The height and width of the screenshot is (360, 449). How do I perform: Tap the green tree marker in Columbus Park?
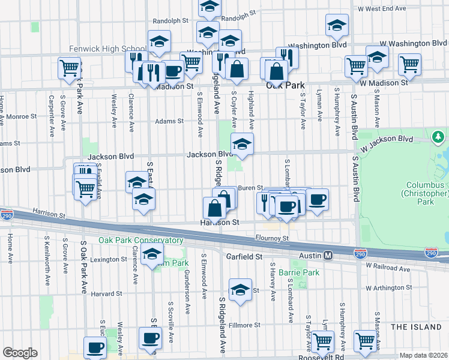[x=439, y=137]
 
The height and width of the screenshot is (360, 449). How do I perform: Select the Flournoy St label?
[x=272, y=238]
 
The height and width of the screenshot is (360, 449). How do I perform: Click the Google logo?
[x=20, y=353]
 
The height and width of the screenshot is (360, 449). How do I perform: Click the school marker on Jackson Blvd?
[x=242, y=144]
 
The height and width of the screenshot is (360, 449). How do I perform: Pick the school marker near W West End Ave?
[x=337, y=25]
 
